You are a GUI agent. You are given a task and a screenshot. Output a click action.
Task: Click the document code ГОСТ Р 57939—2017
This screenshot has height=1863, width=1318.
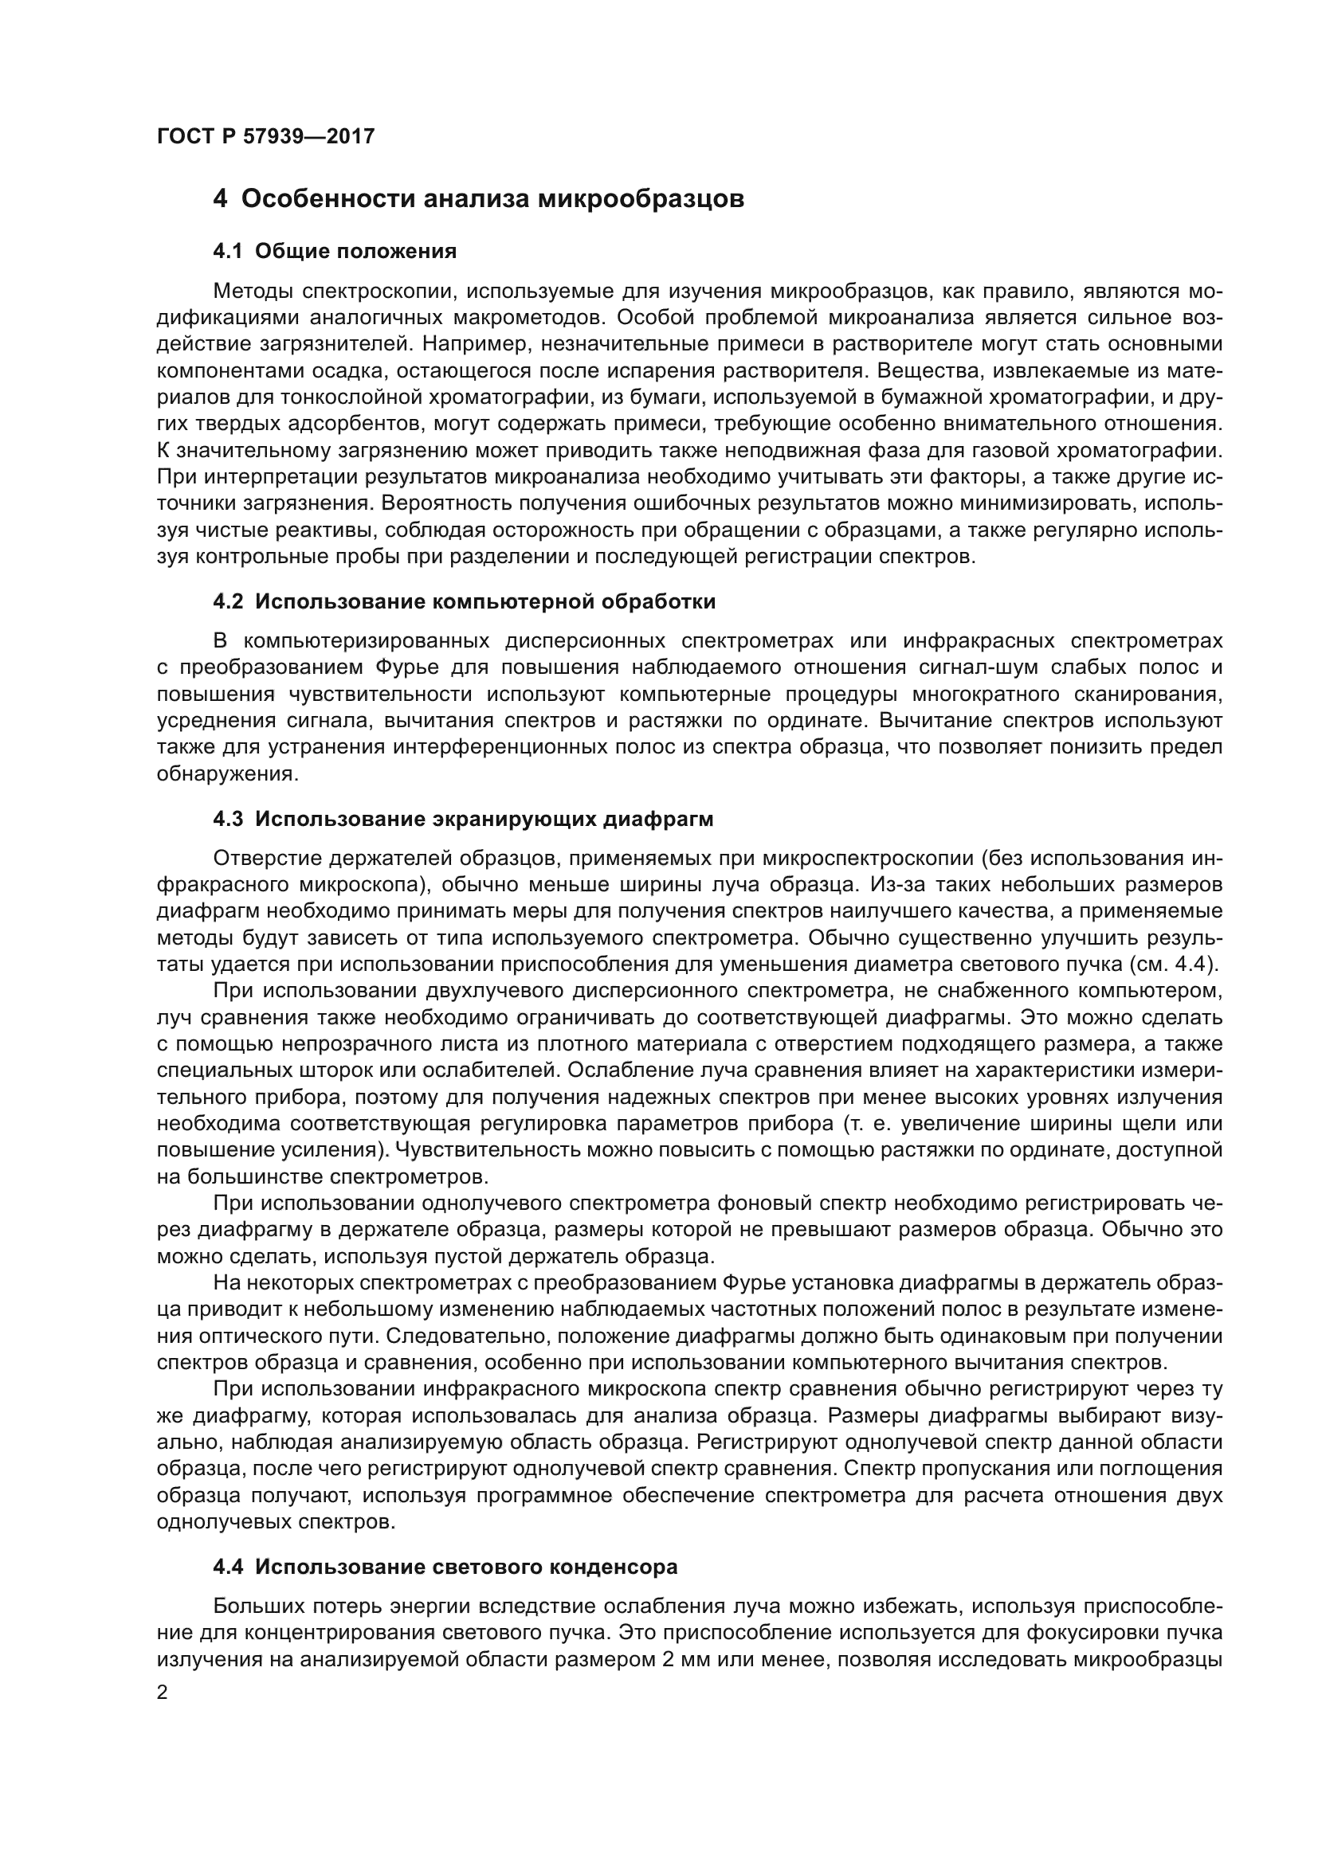tap(265, 136)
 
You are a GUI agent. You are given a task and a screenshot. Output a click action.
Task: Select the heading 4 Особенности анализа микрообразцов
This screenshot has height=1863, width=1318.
tap(478, 199)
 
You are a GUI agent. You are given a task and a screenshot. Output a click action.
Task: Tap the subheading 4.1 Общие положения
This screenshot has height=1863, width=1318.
tap(335, 252)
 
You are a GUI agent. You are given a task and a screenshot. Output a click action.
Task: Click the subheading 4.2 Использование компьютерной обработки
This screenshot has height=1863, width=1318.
tap(464, 602)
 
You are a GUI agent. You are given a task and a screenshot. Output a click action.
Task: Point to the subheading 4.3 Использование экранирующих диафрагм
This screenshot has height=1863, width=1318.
tap(463, 819)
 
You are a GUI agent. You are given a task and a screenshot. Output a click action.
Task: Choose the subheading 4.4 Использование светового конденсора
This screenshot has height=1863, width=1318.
tap(445, 1568)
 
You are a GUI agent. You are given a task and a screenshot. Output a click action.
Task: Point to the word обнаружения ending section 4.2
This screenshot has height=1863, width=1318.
tap(226, 774)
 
